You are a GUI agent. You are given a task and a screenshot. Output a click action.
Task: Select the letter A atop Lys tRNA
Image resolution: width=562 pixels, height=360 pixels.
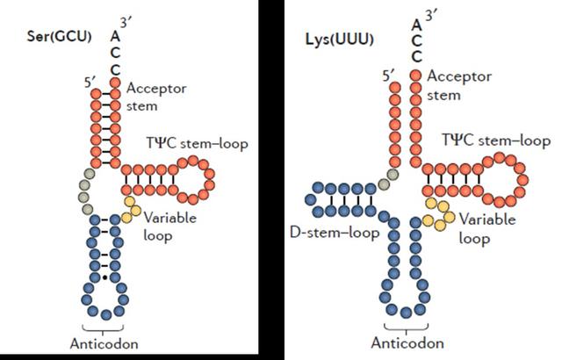pyautogui.click(x=415, y=24)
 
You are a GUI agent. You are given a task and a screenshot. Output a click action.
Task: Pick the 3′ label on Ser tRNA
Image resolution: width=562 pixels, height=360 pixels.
pyautogui.click(x=129, y=26)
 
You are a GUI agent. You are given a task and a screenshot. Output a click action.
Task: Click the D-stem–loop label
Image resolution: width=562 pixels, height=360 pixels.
pyautogui.click(x=335, y=234)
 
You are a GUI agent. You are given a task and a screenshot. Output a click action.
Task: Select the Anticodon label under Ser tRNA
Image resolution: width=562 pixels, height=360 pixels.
pyautogui.click(x=105, y=342)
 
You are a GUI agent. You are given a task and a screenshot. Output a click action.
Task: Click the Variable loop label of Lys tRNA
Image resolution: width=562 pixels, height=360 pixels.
pyautogui.click(x=486, y=228)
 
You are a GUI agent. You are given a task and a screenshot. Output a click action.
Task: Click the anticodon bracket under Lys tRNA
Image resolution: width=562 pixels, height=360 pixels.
pyautogui.click(x=407, y=326)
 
